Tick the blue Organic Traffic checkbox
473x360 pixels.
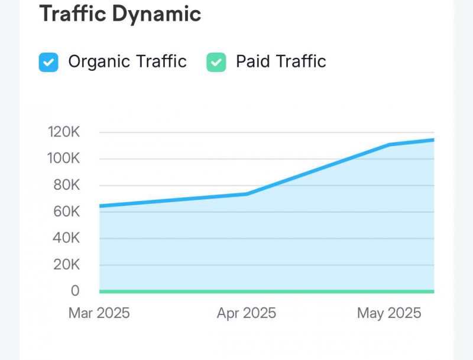click(x=48, y=62)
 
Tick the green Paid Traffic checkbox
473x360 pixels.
click(x=216, y=62)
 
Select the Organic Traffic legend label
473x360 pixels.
click(x=127, y=61)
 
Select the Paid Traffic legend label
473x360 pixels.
click(x=281, y=61)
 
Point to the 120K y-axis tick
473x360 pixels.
click(x=63, y=132)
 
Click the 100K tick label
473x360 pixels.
click(x=63, y=158)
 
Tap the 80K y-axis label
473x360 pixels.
click(x=66, y=185)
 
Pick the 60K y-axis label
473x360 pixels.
click(x=66, y=212)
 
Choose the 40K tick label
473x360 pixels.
click(x=66, y=238)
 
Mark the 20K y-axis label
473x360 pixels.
click(x=66, y=265)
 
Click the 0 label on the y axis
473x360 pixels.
click(x=74, y=291)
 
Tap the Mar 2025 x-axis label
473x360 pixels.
click(x=99, y=313)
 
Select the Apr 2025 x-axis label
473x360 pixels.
click(x=247, y=313)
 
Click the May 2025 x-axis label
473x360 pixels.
click(x=389, y=313)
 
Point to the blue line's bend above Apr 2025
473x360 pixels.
click(x=247, y=194)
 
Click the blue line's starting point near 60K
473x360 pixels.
click(x=101, y=206)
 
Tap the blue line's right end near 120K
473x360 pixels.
click(x=433, y=140)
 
